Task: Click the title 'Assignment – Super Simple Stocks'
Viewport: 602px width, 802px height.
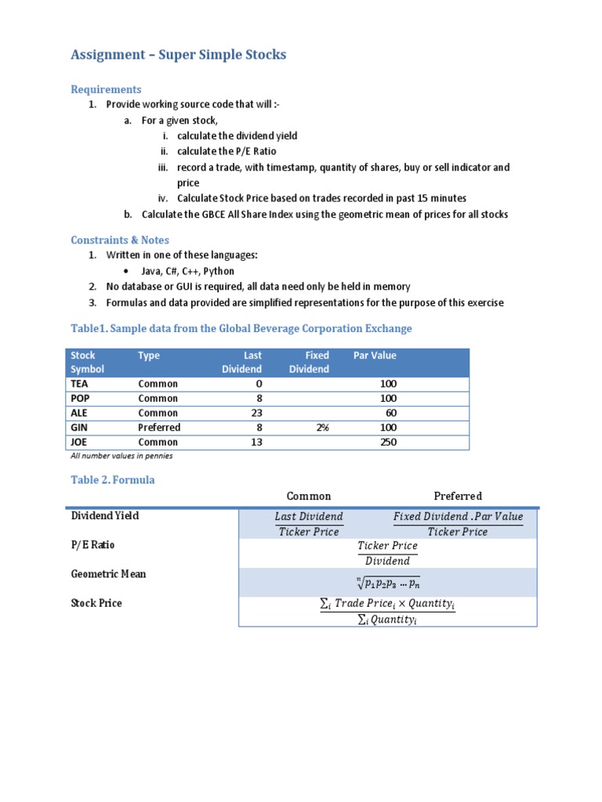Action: (179, 55)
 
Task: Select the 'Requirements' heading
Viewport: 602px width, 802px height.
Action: (106, 89)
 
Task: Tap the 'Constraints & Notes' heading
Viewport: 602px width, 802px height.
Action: (120, 240)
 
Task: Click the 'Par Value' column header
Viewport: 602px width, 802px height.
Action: (375, 356)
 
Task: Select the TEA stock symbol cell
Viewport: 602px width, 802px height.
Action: (80, 384)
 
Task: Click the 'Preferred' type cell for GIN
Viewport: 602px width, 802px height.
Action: (159, 428)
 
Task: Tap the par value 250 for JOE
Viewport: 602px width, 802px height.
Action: (387, 443)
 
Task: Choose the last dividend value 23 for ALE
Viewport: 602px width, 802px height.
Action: (256, 413)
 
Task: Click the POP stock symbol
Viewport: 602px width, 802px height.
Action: (80, 399)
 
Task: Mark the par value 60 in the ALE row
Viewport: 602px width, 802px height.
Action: (390, 413)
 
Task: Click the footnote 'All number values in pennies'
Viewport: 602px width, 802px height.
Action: (121, 456)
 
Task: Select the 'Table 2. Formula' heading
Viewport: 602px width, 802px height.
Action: (113, 480)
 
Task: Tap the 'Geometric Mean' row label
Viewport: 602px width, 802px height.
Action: (108, 574)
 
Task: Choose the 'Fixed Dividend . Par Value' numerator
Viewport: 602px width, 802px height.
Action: (458, 517)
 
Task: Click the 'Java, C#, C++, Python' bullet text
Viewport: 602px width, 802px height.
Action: (187, 271)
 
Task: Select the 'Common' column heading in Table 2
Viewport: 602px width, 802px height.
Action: (309, 496)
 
